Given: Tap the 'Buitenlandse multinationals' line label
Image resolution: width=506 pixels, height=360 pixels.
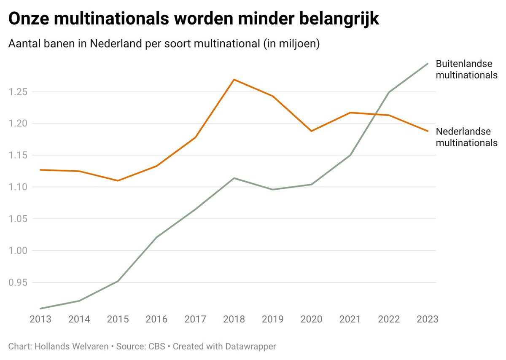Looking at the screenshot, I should coord(466,70).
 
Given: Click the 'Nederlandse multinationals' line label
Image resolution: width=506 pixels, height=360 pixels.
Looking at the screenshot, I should coord(466,137).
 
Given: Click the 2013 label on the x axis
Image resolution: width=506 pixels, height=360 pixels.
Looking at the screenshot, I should coord(40,319).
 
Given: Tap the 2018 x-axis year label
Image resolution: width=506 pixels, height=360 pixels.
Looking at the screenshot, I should coord(234,319).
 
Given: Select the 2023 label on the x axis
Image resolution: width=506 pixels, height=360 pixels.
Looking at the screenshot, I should coord(427,319).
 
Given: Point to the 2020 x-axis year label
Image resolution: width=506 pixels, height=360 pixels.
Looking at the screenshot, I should coord(312,319).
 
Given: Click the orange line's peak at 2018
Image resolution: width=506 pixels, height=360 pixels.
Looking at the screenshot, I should coord(234,79).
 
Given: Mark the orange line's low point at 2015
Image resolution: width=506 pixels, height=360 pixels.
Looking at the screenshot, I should coord(118,180).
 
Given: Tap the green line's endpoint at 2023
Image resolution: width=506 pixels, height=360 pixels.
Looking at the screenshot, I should coord(428,64).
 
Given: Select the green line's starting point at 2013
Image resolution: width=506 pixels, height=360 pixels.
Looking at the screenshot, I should coord(40,308).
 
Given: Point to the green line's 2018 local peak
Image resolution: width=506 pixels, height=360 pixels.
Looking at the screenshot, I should coord(234,178).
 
